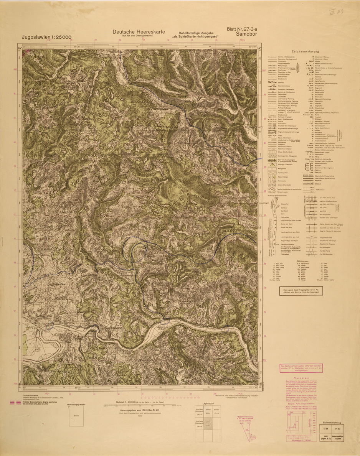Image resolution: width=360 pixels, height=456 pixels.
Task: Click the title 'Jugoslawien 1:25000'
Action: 45,37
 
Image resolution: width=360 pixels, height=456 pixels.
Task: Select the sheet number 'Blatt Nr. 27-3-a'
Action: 246,28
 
